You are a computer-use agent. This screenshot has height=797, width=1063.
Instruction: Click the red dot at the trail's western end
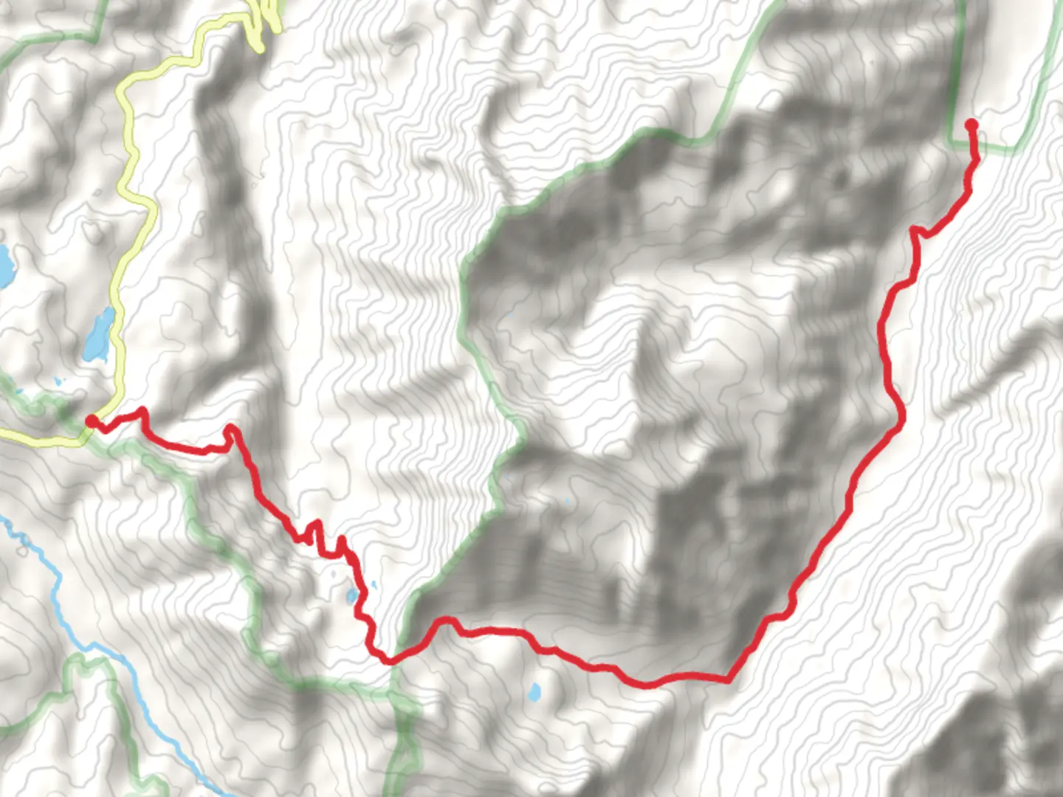(x=92, y=421)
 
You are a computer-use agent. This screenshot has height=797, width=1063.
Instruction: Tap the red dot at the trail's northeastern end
(x=971, y=125)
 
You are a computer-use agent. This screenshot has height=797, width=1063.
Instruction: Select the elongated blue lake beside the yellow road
(x=99, y=336)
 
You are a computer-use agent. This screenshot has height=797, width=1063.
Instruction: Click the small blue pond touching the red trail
(x=352, y=595)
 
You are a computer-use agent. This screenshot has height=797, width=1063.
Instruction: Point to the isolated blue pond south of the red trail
(x=534, y=692)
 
